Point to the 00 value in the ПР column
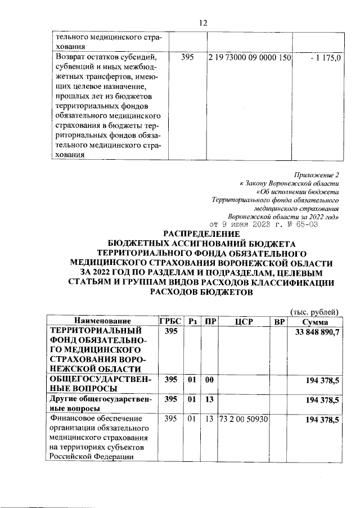pos(209,380)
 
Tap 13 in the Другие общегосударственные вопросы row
pos(209,400)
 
